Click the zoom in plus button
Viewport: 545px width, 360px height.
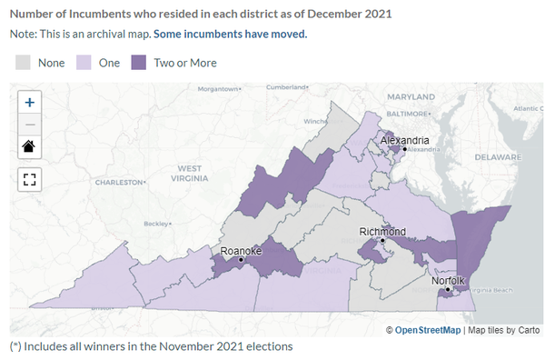[x=30, y=103]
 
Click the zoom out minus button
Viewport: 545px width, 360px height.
[x=30, y=124]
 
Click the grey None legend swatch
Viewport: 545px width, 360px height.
[x=24, y=63]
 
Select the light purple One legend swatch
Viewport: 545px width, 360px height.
[x=84, y=63]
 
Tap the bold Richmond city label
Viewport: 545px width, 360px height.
[x=381, y=232]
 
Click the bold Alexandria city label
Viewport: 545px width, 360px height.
[x=404, y=140]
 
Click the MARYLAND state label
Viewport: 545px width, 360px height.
[x=411, y=96]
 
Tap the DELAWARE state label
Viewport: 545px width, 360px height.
[x=500, y=156]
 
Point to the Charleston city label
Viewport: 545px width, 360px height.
[x=134, y=183]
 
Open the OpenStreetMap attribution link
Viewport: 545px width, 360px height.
[x=429, y=329]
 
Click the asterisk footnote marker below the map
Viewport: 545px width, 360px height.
[x=15, y=346]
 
